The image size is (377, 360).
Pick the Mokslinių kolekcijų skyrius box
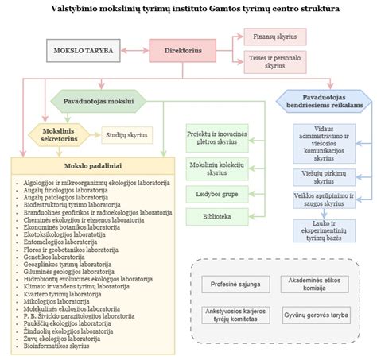tap(212, 167)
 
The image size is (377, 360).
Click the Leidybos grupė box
tap(212, 193)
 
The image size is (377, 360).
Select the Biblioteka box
tap(212, 215)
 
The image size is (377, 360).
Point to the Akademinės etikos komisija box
tap(313, 284)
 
